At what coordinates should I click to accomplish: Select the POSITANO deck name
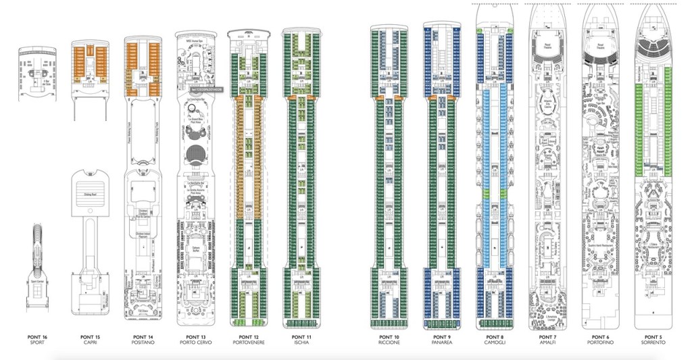pyautogui.click(x=143, y=343)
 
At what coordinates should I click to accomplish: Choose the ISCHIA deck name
pyautogui.click(x=301, y=343)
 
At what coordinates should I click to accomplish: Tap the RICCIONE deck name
pyautogui.click(x=389, y=343)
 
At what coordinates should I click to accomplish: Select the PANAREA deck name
pyautogui.click(x=441, y=343)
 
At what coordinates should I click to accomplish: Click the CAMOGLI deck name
pyautogui.click(x=495, y=343)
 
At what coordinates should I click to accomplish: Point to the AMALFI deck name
pyautogui.click(x=547, y=343)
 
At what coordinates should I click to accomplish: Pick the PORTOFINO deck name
pyautogui.click(x=600, y=343)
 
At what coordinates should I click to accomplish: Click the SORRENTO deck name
pyautogui.click(x=653, y=343)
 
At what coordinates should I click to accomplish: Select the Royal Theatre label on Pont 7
pyautogui.click(x=547, y=47)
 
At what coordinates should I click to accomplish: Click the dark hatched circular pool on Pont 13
pyautogui.click(x=196, y=152)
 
